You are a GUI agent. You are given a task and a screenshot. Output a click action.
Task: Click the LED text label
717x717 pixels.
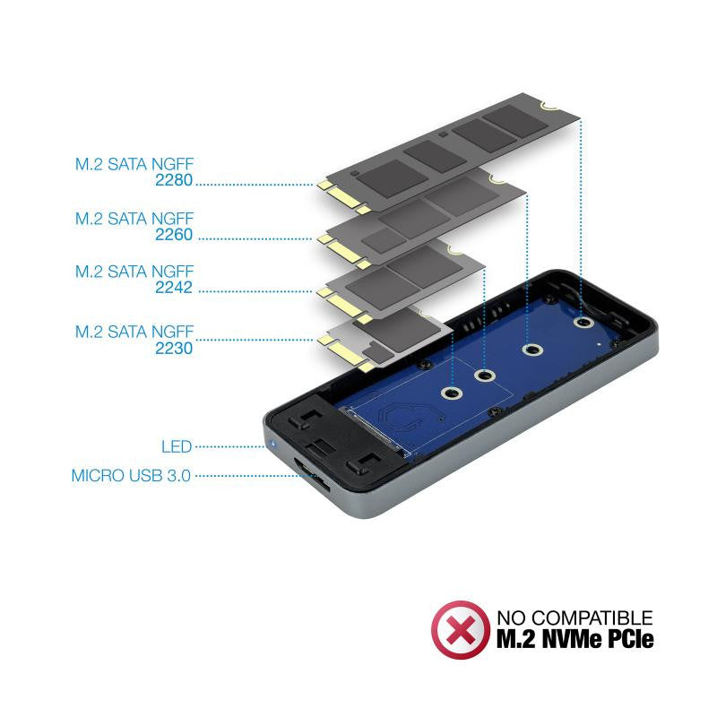tap(176, 446)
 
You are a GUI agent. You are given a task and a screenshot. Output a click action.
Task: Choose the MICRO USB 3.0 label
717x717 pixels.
tap(131, 476)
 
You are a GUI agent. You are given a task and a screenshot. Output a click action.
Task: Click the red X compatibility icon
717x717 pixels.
tap(461, 629)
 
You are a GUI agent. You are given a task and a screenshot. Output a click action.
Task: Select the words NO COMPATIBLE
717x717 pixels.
tap(574, 618)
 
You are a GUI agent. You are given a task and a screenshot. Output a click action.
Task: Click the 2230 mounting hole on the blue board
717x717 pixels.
tap(451, 393)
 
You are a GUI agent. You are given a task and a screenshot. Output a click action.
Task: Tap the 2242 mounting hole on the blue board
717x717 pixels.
tap(486, 376)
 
